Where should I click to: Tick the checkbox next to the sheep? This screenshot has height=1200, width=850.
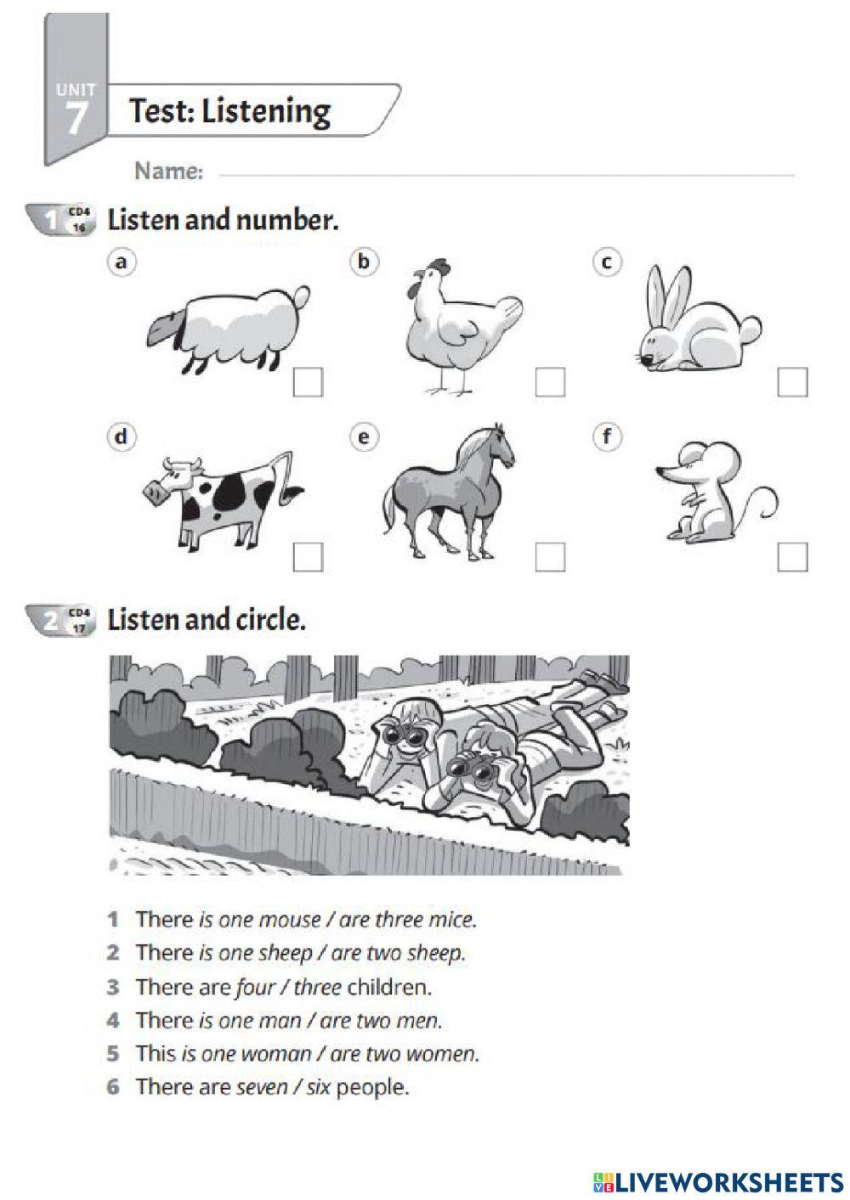click(308, 382)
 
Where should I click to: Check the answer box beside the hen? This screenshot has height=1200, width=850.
click(550, 382)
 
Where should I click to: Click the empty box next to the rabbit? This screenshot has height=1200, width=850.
click(792, 382)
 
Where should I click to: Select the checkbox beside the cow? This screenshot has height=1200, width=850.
click(308, 557)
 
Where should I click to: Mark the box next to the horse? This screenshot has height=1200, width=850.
click(550, 557)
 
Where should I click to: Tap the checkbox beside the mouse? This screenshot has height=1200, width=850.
click(792, 557)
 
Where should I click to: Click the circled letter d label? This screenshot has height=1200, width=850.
click(122, 437)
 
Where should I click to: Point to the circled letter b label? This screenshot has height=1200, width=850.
click(364, 262)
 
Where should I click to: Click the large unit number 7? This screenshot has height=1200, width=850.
click(76, 118)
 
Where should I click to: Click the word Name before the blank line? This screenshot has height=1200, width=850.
click(168, 172)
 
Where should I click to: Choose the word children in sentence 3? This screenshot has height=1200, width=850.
click(389, 988)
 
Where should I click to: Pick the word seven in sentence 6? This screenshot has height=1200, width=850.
click(261, 1087)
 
